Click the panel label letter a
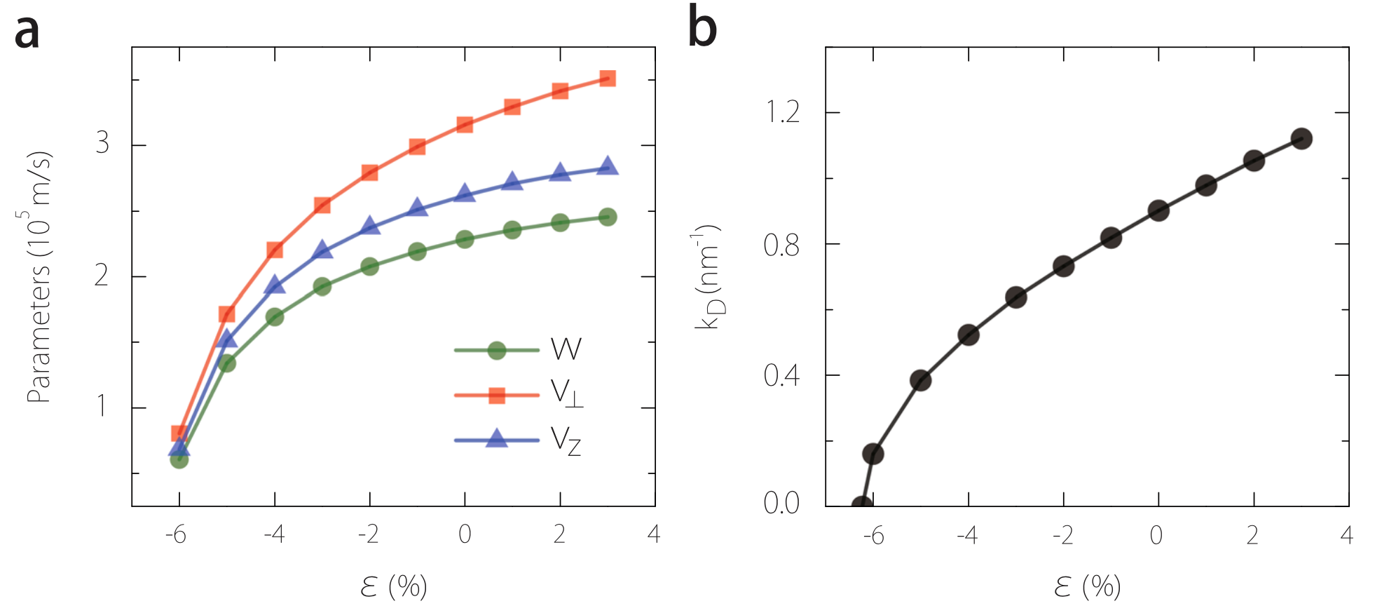click(x=27, y=32)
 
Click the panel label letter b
click(x=702, y=27)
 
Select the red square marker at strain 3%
click(x=608, y=78)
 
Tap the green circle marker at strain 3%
click(x=608, y=217)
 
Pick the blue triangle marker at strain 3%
click(x=608, y=166)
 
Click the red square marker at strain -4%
click(x=275, y=250)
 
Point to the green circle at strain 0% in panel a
click(x=465, y=239)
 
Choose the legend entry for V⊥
click(x=519, y=395)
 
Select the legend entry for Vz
click(x=519, y=440)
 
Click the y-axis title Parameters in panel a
click(x=39, y=277)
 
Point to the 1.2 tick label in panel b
click(x=782, y=112)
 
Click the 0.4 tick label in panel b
click(x=781, y=376)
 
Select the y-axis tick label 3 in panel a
click(x=102, y=143)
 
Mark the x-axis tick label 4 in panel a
click(x=654, y=534)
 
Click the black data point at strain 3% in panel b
click(x=1301, y=139)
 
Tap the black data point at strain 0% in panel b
click(x=1158, y=210)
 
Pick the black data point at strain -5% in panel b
click(x=920, y=381)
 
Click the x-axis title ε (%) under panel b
click(x=1087, y=586)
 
